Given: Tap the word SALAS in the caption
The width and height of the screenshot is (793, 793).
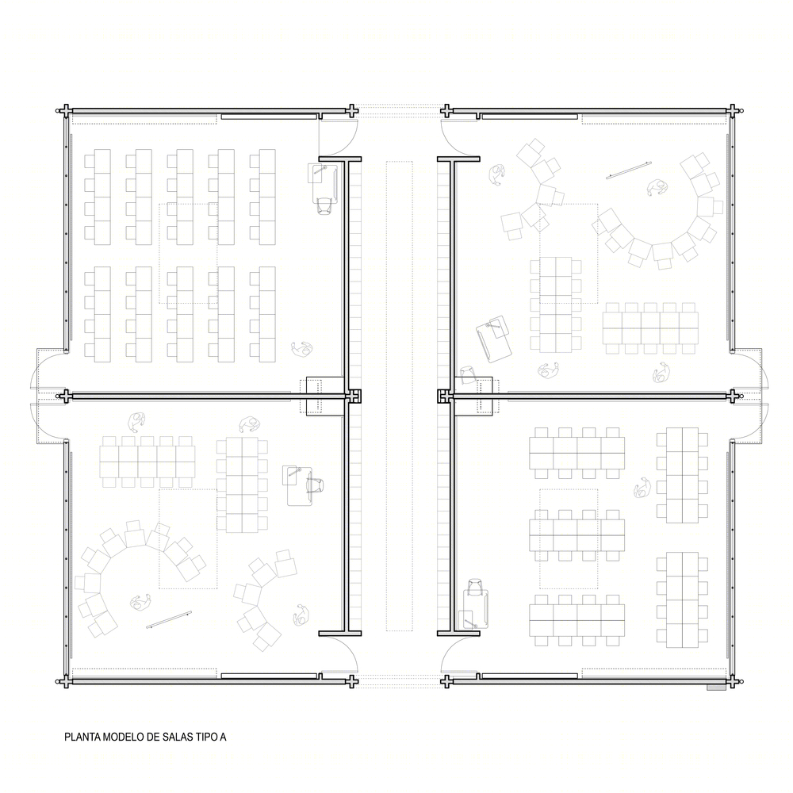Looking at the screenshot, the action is pyautogui.click(x=178, y=737).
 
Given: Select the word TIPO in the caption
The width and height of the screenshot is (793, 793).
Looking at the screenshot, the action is pyautogui.click(x=206, y=737).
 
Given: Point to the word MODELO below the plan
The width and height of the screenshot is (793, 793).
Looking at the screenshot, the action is pyautogui.click(x=124, y=737).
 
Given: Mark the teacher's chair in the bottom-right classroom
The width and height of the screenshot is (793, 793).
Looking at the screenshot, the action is pyautogui.click(x=475, y=587).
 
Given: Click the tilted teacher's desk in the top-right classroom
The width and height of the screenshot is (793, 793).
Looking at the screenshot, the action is pyautogui.click(x=493, y=339).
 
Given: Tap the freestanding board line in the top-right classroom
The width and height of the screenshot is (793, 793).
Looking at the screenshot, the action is pyautogui.click(x=629, y=170).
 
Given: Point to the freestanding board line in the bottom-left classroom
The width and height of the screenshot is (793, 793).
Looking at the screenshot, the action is pyautogui.click(x=169, y=619).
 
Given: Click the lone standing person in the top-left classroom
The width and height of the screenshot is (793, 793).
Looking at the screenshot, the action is pyautogui.click(x=302, y=348).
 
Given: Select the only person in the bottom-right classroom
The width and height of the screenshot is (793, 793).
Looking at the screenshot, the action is pyautogui.click(x=642, y=487).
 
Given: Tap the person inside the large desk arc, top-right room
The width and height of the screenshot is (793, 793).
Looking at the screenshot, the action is pyautogui.click(x=657, y=188).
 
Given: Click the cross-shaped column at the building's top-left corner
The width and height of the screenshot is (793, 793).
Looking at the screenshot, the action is pyautogui.click(x=65, y=111).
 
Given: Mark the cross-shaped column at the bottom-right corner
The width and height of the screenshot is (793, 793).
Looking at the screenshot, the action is pyautogui.click(x=733, y=682).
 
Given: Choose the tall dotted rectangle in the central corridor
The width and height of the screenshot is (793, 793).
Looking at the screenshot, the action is pyautogui.click(x=400, y=396).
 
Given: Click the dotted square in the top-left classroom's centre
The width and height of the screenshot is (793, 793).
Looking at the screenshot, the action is pyautogui.click(x=188, y=254).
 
